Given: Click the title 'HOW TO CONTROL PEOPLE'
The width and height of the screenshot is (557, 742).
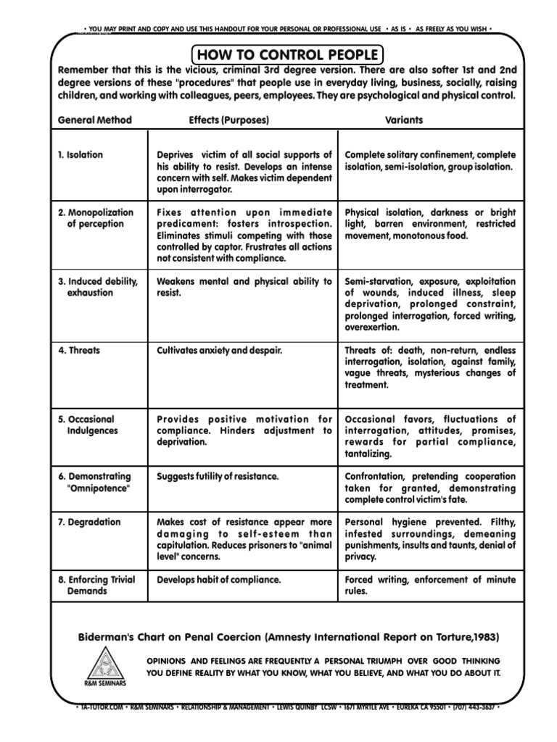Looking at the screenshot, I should click(x=288, y=55).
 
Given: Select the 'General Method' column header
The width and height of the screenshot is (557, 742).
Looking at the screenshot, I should click(x=94, y=120).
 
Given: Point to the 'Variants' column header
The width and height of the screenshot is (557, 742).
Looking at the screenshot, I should click(x=404, y=120).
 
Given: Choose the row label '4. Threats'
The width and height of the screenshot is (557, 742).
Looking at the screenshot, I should click(x=79, y=351).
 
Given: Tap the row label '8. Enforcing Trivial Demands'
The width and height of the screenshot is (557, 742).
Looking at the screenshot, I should click(x=99, y=585).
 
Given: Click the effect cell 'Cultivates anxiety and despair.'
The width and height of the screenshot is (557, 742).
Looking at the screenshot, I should click(x=219, y=351).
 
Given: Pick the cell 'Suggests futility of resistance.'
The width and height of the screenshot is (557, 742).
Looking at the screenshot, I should click(x=218, y=477).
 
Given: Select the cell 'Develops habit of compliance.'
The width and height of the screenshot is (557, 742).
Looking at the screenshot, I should click(x=218, y=580).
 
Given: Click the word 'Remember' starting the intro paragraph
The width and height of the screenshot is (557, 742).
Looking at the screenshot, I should click(x=81, y=72).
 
